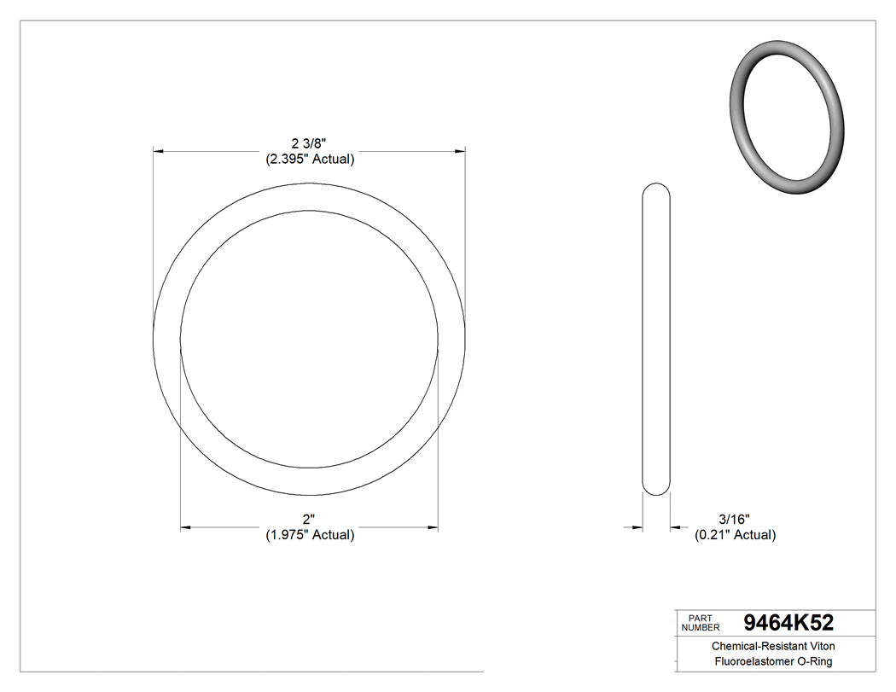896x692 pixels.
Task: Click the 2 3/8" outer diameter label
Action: pos(308,143)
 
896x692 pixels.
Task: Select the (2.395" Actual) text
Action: pos(308,159)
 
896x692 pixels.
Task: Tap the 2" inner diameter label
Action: pos(308,519)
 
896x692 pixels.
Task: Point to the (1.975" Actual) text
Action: pos(308,535)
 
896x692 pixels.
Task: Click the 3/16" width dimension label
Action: pos(734,519)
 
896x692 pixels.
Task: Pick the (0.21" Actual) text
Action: pos(735,535)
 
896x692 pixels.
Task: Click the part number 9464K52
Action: pos(788,622)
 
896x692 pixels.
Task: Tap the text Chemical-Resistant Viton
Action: pos(773,647)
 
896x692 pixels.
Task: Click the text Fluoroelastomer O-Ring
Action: pos(773,662)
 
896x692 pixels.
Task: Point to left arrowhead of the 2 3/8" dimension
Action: pos(159,151)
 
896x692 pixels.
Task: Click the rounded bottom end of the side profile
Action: pos(655,489)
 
